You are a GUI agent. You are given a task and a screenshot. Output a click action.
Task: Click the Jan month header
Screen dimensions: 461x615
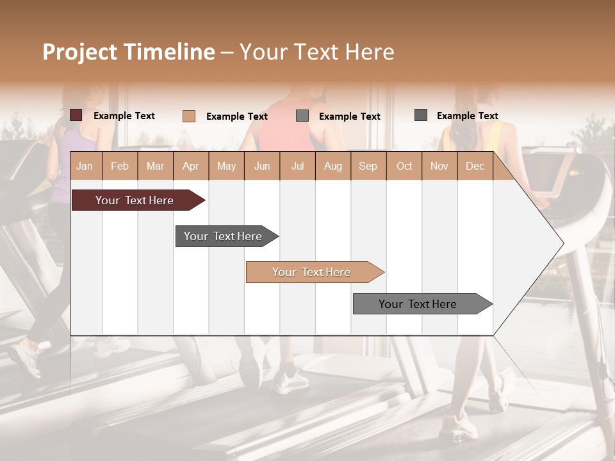[x=85, y=166]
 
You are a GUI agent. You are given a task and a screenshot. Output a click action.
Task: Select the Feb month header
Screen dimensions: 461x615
[x=120, y=166]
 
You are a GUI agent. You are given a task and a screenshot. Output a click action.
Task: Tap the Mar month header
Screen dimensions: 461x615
[x=155, y=166]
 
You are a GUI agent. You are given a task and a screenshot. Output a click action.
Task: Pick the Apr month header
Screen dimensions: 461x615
[x=190, y=166]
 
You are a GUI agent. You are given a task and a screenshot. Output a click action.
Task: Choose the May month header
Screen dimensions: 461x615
[x=226, y=166]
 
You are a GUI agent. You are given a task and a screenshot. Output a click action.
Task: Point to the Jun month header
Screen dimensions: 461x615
[x=262, y=166]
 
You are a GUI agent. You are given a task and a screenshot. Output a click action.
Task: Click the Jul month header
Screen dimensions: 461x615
[x=297, y=166]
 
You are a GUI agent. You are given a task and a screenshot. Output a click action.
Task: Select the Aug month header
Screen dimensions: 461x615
[x=332, y=166]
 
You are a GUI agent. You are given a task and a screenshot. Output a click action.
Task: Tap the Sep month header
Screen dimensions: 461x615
[x=368, y=166]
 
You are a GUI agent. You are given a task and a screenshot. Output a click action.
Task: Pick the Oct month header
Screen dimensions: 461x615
[x=404, y=166]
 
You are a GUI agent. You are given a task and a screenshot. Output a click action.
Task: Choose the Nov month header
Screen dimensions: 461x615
[x=439, y=166]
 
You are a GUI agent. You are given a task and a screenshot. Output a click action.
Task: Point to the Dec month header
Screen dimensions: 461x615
[x=475, y=166]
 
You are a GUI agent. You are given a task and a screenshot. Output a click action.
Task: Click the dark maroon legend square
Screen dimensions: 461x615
[x=76, y=115]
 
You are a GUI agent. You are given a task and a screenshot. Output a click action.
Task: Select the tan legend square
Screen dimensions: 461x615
[x=189, y=116]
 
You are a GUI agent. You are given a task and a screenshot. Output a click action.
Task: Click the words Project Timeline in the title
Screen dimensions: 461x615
[x=129, y=52]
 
